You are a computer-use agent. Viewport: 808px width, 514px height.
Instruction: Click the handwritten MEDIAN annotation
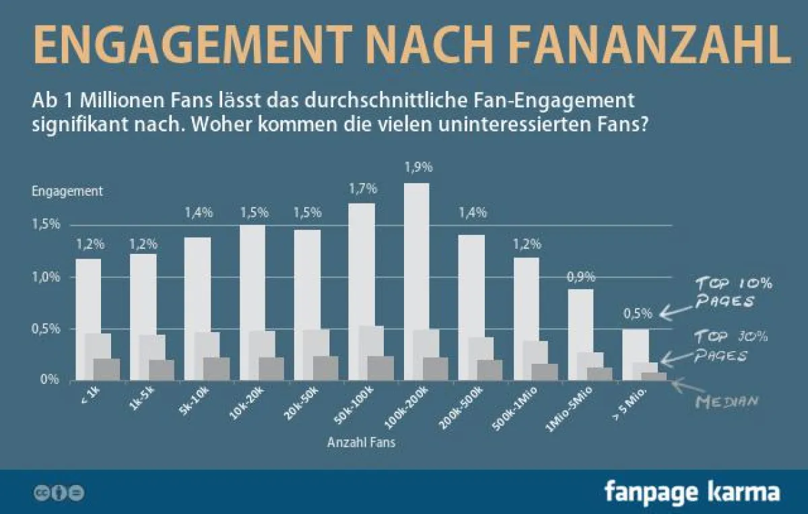(x=727, y=401)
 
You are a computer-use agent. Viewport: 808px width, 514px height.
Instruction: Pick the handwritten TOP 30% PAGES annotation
(x=731, y=346)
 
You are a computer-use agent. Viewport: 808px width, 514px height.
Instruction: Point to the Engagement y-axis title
(x=67, y=191)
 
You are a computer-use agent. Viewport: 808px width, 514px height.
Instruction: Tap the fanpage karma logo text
(x=692, y=491)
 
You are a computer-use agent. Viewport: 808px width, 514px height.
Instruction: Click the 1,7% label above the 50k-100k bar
(x=362, y=189)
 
